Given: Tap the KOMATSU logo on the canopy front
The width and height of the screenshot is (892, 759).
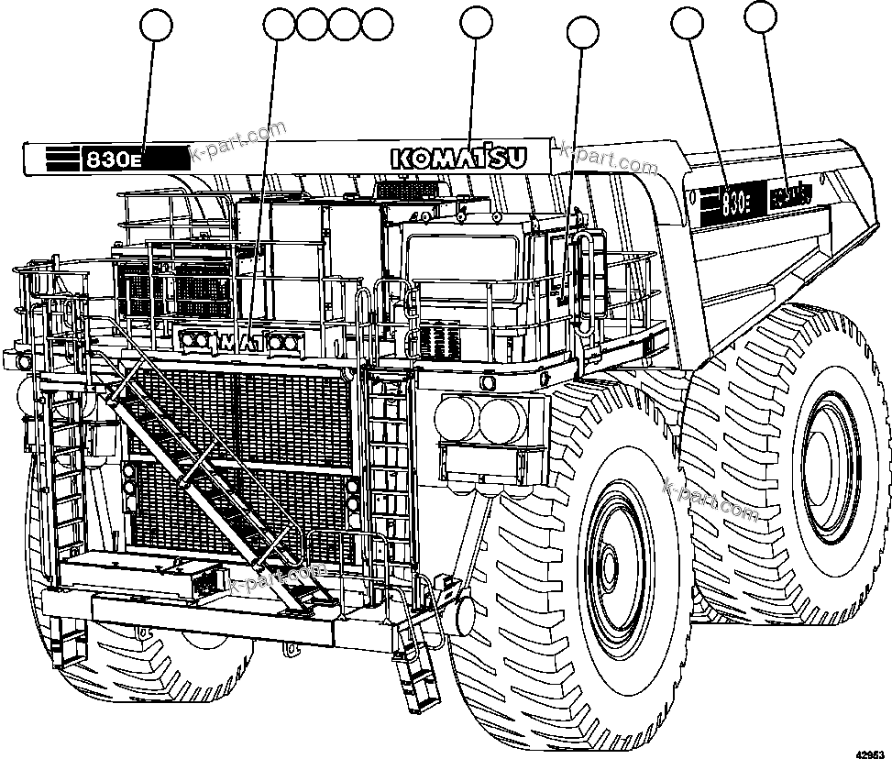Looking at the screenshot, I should click(459, 158).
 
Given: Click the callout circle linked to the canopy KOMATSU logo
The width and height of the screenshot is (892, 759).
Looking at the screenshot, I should click(476, 25).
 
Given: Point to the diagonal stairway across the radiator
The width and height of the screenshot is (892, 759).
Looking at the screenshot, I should click(206, 477).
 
